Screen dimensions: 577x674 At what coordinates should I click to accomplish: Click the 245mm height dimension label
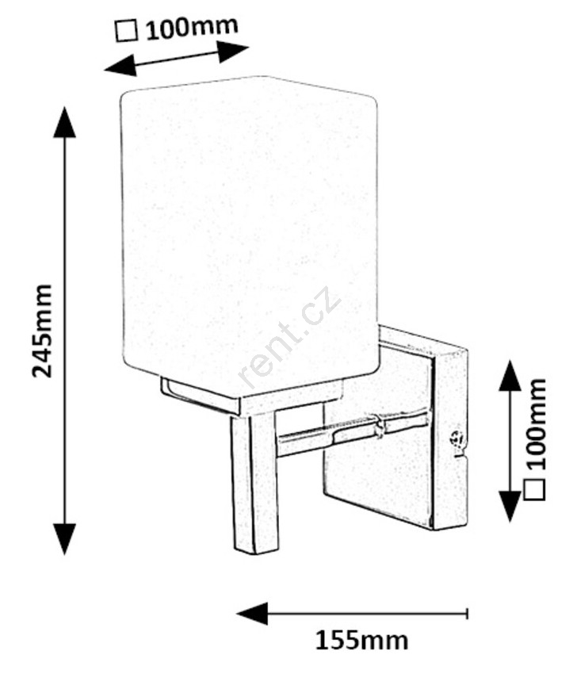43,331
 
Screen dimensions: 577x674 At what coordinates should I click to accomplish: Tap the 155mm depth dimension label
361,641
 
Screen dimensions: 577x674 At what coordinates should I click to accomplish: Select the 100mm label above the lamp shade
192,28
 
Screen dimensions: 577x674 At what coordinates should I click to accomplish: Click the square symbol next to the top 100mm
127,32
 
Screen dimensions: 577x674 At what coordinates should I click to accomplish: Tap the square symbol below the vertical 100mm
535,488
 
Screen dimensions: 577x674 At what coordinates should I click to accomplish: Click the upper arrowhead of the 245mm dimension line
64,122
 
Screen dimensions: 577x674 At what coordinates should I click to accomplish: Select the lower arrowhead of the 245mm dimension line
64,538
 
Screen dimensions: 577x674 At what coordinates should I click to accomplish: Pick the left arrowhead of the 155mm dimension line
252,614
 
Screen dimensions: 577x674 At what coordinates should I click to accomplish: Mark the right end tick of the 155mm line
467,614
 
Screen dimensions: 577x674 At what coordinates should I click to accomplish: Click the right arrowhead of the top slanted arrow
232,51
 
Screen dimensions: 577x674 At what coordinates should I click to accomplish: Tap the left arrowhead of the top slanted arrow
120,67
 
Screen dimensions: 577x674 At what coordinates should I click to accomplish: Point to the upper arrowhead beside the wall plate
510,376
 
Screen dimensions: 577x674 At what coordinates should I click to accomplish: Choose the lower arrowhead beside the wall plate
510,506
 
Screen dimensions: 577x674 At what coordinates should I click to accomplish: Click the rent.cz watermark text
289,337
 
